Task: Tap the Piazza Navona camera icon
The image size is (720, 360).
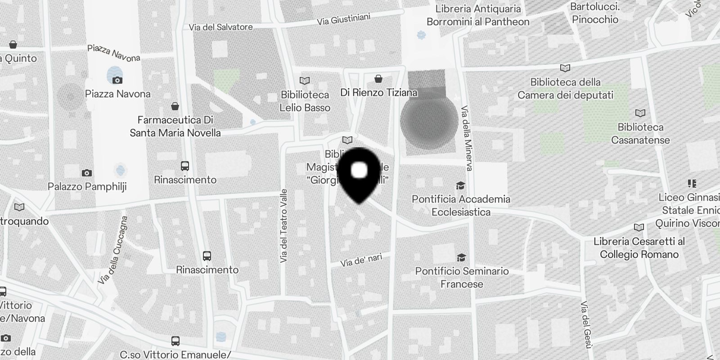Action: tap(117, 80)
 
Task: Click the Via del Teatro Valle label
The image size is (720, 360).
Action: tap(283, 226)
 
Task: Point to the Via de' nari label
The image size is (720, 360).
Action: tap(361, 260)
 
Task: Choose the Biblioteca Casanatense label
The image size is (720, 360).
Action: tap(640, 134)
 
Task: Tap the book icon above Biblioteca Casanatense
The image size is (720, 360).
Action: tap(640, 113)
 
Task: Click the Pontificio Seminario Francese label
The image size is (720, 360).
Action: tap(462, 278)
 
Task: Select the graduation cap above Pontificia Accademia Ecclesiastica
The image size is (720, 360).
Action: tap(460, 185)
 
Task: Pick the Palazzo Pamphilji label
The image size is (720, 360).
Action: tap(87, 186)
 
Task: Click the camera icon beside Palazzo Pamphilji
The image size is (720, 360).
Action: tap(87, 173)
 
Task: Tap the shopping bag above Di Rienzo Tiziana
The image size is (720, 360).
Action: tap(378, 79)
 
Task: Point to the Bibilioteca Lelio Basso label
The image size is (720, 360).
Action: tap(305, 101)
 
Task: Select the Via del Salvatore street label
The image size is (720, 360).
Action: tap(220, 27)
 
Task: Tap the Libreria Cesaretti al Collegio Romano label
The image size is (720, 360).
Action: tap(639, 248)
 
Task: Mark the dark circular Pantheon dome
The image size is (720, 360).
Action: tap(429, 121)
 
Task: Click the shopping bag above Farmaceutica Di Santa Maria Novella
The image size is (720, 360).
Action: tap(175, 106)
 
